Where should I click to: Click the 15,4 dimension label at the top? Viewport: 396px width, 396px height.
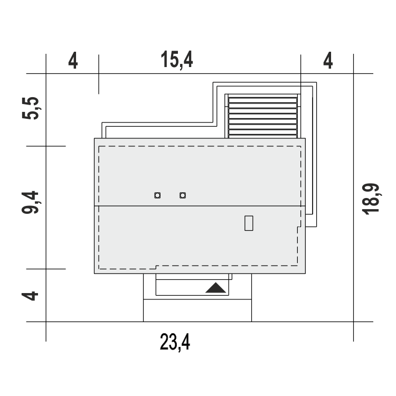pos(177,60)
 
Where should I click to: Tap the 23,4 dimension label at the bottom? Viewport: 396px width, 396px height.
pos(175,342)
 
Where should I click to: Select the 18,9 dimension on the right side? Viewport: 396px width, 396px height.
pos(371,199)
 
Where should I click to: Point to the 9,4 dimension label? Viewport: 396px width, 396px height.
pos(30,203)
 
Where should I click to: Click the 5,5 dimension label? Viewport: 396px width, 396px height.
pos(31,108)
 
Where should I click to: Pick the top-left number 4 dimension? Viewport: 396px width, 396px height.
pos(73,61)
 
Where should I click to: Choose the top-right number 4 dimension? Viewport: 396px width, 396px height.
pos(328,61)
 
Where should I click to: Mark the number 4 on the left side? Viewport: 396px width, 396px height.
pos(30,296)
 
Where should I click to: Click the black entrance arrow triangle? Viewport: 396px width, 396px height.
pos(215,288)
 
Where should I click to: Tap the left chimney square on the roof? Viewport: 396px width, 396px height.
pos(157,195)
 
